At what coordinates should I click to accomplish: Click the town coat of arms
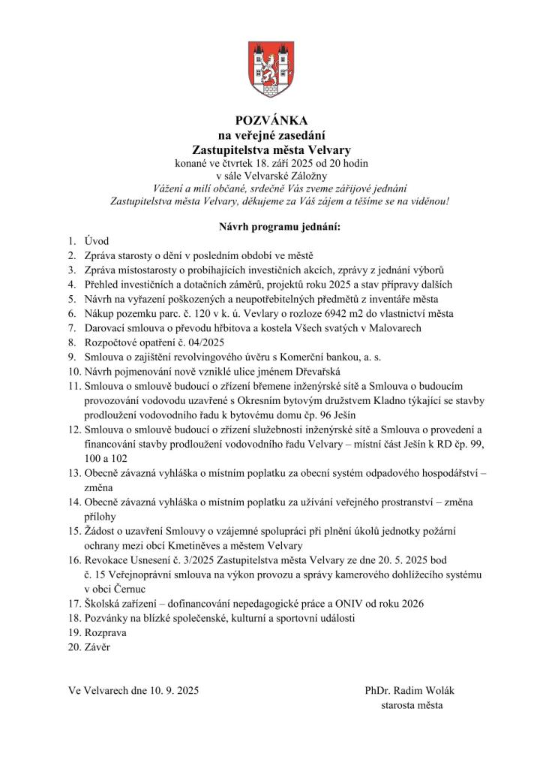point(271,69)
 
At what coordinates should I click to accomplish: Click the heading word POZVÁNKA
point(271,120)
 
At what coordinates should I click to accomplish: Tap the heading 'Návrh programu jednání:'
point(271,227)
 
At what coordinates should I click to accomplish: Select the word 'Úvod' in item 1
point(97,241)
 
